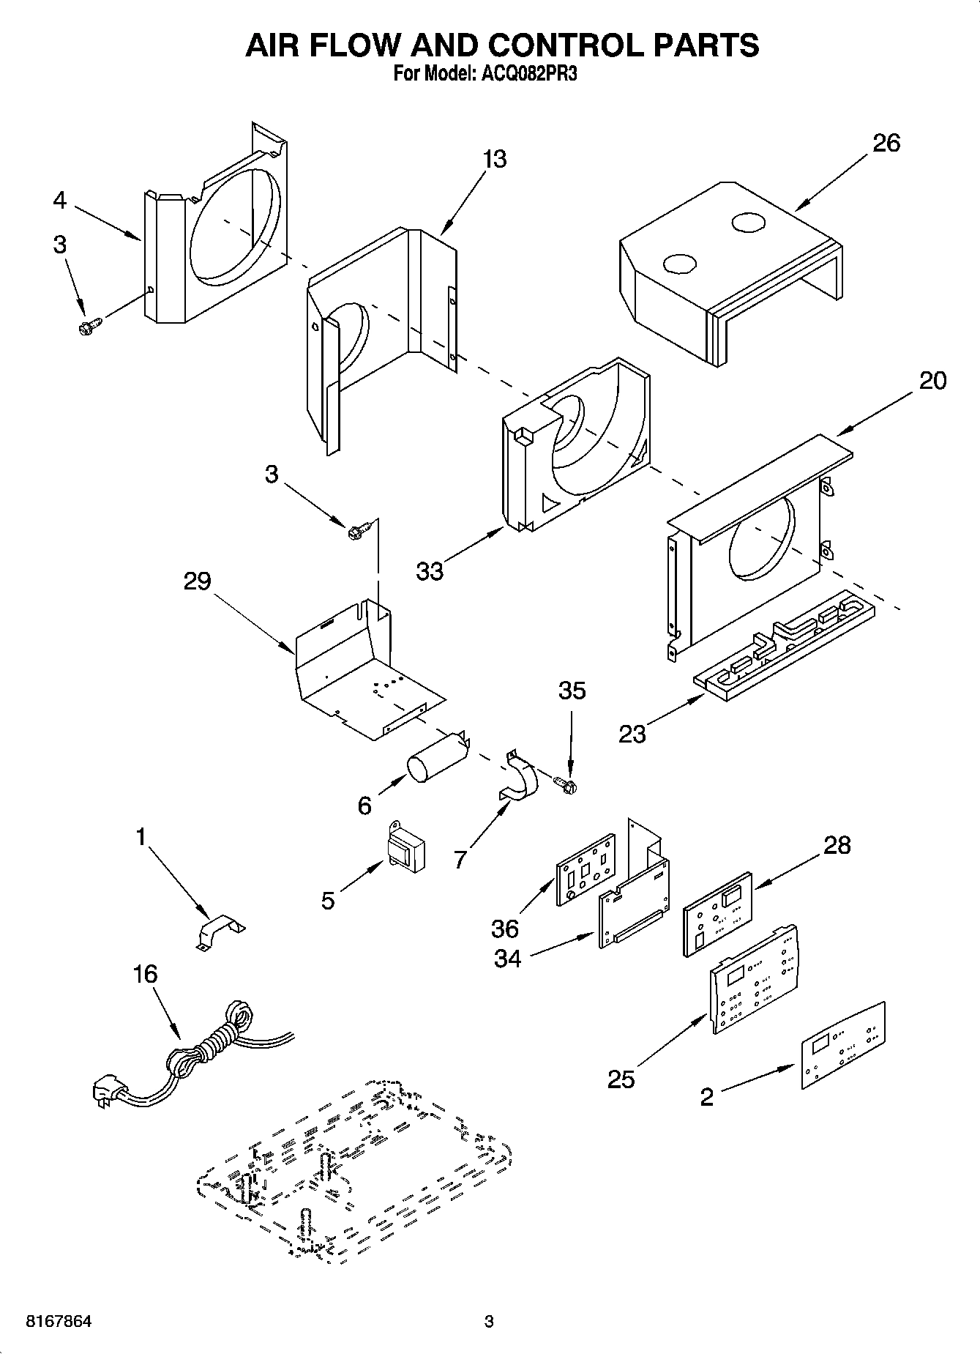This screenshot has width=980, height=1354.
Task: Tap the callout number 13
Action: coord(495,159)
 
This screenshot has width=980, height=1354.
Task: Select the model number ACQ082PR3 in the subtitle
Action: coord(523,74)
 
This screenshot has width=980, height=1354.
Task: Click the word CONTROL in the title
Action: coord(563,45)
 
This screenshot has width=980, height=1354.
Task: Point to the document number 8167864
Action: coord(59,1322)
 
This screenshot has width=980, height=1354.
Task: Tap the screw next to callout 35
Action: coord(566,784)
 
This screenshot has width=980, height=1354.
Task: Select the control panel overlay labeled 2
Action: coord(842,1046)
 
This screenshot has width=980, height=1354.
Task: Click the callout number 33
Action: coord(430,571)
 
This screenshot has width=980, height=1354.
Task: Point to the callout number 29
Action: coord(198,581)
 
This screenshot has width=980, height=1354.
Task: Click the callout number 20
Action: coord(932,381)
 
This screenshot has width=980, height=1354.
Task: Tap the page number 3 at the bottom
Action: coord(490,1322)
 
